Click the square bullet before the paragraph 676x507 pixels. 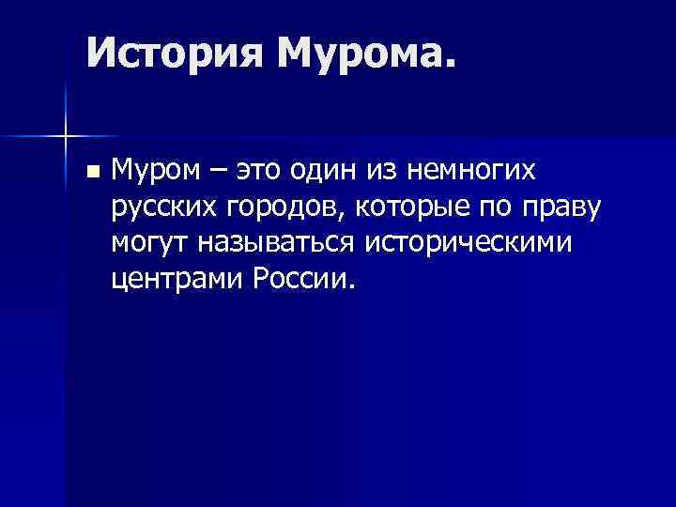[90, 173]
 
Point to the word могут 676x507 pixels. [149, 244]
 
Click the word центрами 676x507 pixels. [176, 279]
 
